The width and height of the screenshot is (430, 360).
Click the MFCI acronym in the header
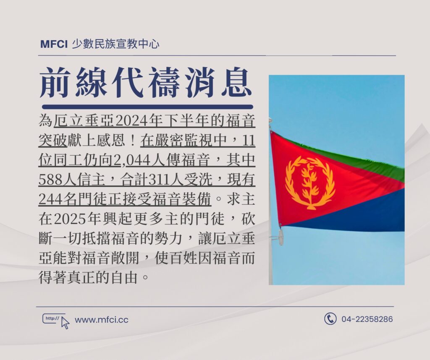point(54,44)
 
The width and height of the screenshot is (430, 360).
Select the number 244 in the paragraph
point(50,199)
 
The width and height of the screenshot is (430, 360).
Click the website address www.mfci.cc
point(102,320)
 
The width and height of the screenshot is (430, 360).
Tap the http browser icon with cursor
point(56,321)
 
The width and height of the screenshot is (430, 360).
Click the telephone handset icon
point(330,319)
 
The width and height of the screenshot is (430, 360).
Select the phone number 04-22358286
point(367,319)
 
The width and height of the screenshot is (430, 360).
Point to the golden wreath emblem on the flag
point(310,183)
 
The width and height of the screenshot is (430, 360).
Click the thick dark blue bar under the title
point(147,107)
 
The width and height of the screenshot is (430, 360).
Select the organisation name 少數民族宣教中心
point(115,44)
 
